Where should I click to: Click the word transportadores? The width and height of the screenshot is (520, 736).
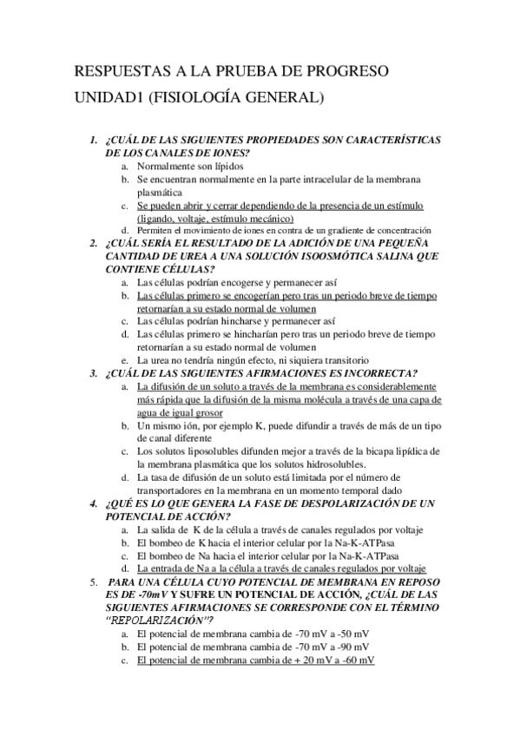click(179, 490)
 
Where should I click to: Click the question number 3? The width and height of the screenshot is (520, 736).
click(94, 373)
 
